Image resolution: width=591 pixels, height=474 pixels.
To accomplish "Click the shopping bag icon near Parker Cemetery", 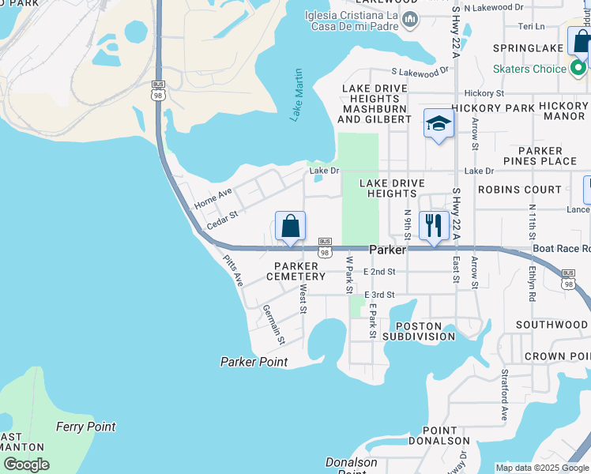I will point(291,227).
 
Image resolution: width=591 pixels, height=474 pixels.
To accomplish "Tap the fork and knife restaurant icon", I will point(434,225).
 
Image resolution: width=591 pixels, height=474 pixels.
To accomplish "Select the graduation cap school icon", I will point(439,124).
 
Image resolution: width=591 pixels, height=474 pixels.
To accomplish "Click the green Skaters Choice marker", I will point(579,69).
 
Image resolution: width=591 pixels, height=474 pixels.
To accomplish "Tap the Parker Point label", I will point(254,362).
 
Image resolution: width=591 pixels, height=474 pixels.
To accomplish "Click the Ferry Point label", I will point(85,427).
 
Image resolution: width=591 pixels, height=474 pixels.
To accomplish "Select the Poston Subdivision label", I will point(419,331).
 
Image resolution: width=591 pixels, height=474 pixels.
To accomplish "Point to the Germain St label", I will point(273,324).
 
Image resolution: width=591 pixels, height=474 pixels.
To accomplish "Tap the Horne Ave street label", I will point(213,197).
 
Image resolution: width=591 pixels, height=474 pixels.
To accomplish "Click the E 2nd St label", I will point(379,272).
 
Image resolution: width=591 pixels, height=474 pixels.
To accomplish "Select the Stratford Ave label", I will point(503,392).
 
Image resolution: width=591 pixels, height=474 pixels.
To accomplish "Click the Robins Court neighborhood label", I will point(520,190).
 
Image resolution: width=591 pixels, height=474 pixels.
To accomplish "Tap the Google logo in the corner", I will point(26,465).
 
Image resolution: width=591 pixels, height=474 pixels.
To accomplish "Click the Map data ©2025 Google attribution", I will point(542,468).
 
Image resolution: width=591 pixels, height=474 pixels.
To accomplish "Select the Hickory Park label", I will point(493,107).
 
